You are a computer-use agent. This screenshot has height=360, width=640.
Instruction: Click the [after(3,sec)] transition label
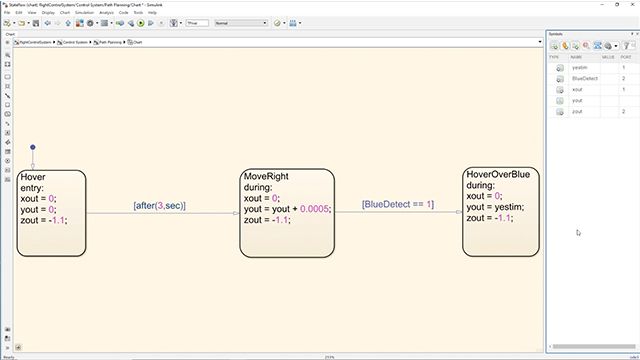tap(160, 206)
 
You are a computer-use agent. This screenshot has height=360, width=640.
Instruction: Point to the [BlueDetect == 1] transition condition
tap(398, 204)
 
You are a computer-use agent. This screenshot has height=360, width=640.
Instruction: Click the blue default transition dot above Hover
tap(32, 148)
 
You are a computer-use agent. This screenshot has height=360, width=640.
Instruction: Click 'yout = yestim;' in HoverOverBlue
tap(496, 206)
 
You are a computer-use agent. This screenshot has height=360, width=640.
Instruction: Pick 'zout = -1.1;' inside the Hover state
tap(44, 220)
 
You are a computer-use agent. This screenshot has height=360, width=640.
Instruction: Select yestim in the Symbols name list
tap(579, 67)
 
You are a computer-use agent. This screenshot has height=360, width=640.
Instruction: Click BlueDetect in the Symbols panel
tap(584, 78)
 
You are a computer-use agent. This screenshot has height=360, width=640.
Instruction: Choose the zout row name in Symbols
tap(577, 112)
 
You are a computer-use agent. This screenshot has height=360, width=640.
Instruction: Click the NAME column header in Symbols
tap(576, 57)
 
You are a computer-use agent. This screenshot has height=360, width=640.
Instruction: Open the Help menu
tap(152, 12)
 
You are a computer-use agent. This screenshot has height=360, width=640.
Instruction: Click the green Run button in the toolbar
tap(140, 22)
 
